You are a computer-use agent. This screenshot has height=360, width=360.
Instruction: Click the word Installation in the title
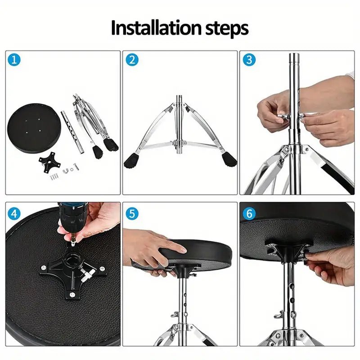(156, 28)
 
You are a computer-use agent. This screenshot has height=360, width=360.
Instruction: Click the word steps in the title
(227, 28)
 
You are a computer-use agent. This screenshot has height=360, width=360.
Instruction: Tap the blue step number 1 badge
(14, 60)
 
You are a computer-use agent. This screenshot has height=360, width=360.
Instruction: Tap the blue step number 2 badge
(132, 60)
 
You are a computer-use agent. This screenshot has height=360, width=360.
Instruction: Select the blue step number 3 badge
(249, 60)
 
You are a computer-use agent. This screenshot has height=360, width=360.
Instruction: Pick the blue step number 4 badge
(14, 213)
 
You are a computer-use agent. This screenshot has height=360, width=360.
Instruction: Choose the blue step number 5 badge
(132, 213)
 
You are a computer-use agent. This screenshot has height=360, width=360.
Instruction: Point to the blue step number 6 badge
(249, 213)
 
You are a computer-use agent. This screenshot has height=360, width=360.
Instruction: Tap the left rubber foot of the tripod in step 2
(131, 161)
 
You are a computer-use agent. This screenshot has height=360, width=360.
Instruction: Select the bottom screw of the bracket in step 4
(72, 294)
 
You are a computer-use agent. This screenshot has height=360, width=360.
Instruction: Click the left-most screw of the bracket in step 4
(44, 267)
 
